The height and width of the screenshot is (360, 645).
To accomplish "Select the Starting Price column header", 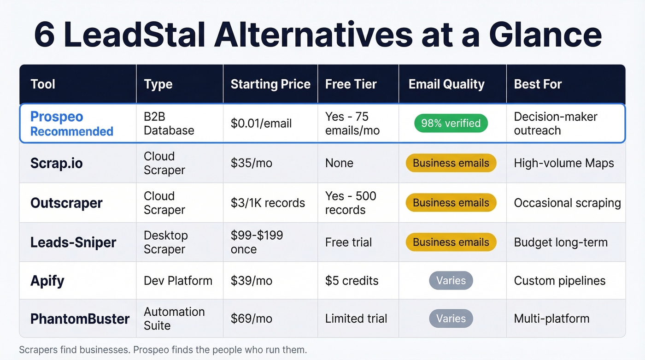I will coord(270,84).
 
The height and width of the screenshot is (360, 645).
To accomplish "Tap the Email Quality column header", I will coord(446,84).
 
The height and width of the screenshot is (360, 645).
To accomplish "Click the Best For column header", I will coord(538,84).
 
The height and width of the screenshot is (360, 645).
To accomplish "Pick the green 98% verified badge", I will coord(451,123).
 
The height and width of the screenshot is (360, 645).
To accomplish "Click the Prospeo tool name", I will coord(57,117).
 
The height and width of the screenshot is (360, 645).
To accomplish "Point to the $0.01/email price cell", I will coord(261,124).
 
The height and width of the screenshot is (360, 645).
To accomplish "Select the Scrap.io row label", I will coord(56,163).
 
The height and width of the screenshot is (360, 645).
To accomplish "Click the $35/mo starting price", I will coord(251,163).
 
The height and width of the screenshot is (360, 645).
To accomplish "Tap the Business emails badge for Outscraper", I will coord(451,203).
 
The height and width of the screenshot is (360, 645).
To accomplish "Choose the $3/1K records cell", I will coord(268,203).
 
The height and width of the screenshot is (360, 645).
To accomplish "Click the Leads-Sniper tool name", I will coord(73,242).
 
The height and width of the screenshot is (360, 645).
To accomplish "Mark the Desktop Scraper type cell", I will coord(165,242).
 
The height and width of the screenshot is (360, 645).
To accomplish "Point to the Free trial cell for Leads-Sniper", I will coord(348,242).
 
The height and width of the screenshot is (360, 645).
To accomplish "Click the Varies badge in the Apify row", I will coord(451,281).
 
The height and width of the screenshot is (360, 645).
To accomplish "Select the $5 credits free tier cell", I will coord(352,281).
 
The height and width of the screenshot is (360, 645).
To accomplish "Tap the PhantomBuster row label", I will coord(80,319).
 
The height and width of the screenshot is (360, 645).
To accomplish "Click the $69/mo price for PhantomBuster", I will coord(251,319).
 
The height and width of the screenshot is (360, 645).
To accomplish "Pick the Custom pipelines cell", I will coord(559,281).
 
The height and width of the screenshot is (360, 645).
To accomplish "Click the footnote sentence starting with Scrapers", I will coord(163,350).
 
